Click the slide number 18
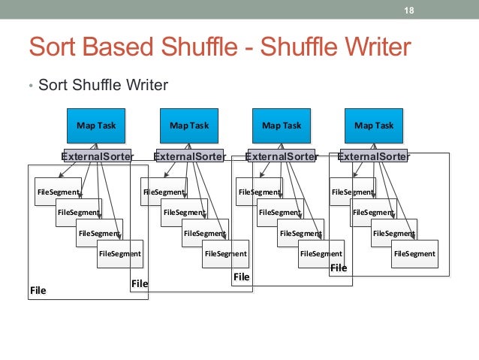[409, 10]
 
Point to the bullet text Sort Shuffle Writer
[103, 84]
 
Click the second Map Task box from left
[189, 126]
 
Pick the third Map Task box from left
[282, 126]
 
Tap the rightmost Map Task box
[374, 126]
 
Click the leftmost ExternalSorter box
[97, 156]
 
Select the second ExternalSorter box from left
[189, 156]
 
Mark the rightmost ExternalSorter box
[374, 156]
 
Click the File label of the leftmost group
[38, 290]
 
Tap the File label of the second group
[140, 284]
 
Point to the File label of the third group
[241, 277]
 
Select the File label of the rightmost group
[339, 268]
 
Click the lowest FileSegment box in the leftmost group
[120, 254]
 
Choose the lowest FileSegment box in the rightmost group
[414, 254]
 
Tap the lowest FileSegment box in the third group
[321, 254]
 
